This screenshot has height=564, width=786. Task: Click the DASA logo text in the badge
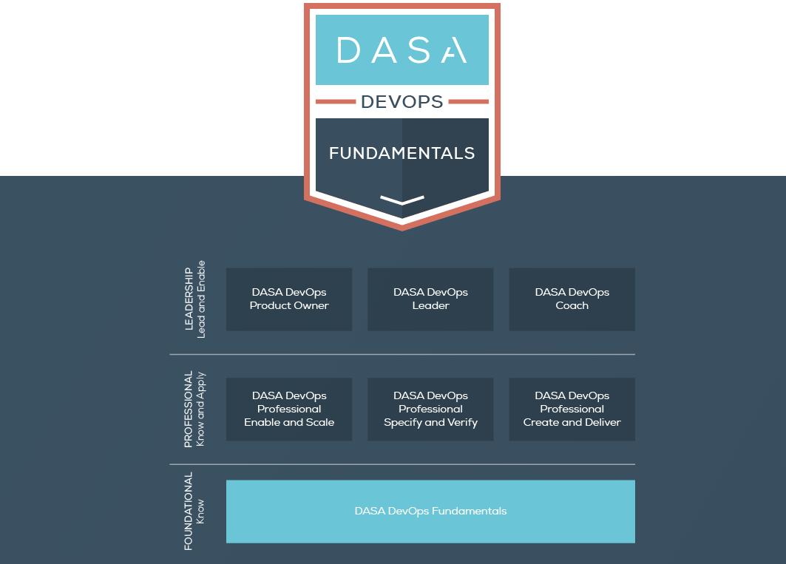pyautogui.click(x=402, y=50)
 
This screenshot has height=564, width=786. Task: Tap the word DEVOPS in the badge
pyautogui.click(x=402, y=102)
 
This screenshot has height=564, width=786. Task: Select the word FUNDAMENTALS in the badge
pyautogui.click(x=402, y=153)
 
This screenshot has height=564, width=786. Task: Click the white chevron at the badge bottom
pyautogui.click(x=402, y=200)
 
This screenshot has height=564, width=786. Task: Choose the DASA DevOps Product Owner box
pyautogui.click(x=289, y=299)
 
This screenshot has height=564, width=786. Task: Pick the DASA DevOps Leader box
pyautogui.click(x=430, y=299)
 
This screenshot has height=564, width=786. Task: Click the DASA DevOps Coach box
pyautogui.click(x=572, y=299)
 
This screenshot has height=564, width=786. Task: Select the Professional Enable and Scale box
pyautogui.click(x=289, y=410)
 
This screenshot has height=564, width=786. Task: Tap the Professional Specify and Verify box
pyautogui.click(x=430, y=410)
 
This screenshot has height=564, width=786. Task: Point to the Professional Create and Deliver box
pyautogui.click(x=572, y=410)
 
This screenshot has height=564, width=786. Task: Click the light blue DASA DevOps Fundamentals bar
pyautogui.click(x=430, y=512)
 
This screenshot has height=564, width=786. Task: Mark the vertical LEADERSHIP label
pyautogui.click(x=189, y=299)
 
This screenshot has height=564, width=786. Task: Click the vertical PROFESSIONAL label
pyautogui.click(x=189, y=410)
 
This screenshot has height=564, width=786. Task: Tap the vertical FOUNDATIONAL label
pyautogui.click(x=189, y=512)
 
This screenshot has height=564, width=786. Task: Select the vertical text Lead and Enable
pyautogui.click(x=201, y=299)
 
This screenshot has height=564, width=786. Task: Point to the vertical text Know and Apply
pyautogui.click(x=201, y=410)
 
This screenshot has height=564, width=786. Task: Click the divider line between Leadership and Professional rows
pyautogui.click(x=402, y=355)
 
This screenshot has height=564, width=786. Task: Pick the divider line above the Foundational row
pyautogui.click(x=402, y=465)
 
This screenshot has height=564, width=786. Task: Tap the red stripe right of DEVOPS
pyautogui.click(x=469, y=102)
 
